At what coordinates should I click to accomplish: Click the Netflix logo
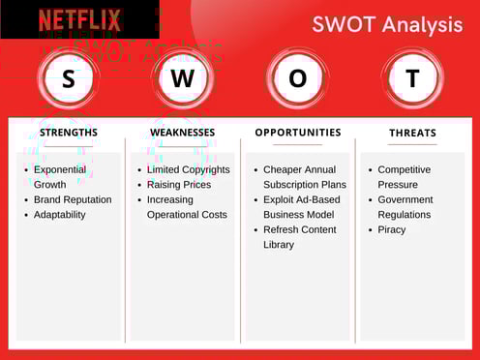pyautogui.click(x=79, y=19)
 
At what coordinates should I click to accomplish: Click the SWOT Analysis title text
pyautogui.click(x=386, y=24)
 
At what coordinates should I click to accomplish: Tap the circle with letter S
pyautogui.click(x=68, y=79)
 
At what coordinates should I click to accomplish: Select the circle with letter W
pyautogui.click(x=182, y=79)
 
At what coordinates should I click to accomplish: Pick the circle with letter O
pyautogui.click(x=297, y=79)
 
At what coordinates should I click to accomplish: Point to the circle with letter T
pyautogui.click(x=412, y=79)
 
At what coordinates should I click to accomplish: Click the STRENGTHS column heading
pyautogui.click(x=68, y=133)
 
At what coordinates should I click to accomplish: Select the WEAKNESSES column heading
pyautogui.click(x=183, y=133)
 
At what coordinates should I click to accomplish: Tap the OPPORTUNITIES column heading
pyautogui.click(x=298, y=133)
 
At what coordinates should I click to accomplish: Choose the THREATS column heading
pyautogui.click(x=412, y=134)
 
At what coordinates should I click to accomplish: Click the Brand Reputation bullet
pyautogui.click(x=73, y=199)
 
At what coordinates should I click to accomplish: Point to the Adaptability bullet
pyautogui.click(x=60, y=215)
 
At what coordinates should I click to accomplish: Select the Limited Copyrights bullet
pyautogui.click(x=188, y=169)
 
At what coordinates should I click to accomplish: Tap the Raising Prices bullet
pyautogui.click(x=178, y=185)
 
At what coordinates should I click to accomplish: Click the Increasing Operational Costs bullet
pyautogui.click(x=186, y=207)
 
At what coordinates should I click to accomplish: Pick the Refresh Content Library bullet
pyautogui.click(x=299, y=237)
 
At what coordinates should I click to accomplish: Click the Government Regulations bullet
pyautogui.click(x=405, y=207)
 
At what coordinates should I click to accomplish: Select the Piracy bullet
pyautogui.click(x=392, y=229)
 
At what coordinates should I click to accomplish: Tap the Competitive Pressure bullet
pyautogui.click(x=404, y=177)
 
